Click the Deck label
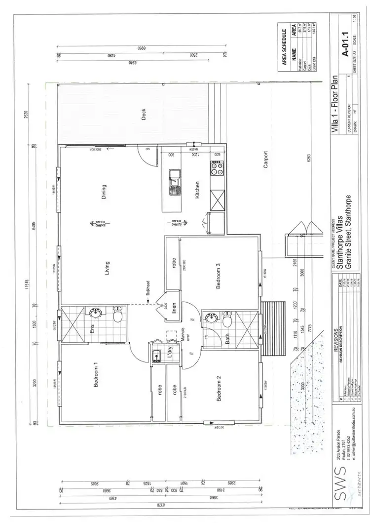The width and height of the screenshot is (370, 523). [144, 115]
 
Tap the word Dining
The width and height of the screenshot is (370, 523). [104, 192]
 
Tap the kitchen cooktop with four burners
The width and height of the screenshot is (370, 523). [217, 169]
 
